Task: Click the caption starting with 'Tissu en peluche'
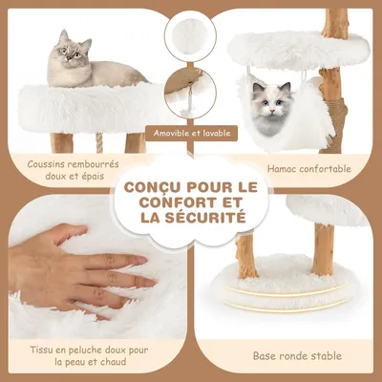76,354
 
